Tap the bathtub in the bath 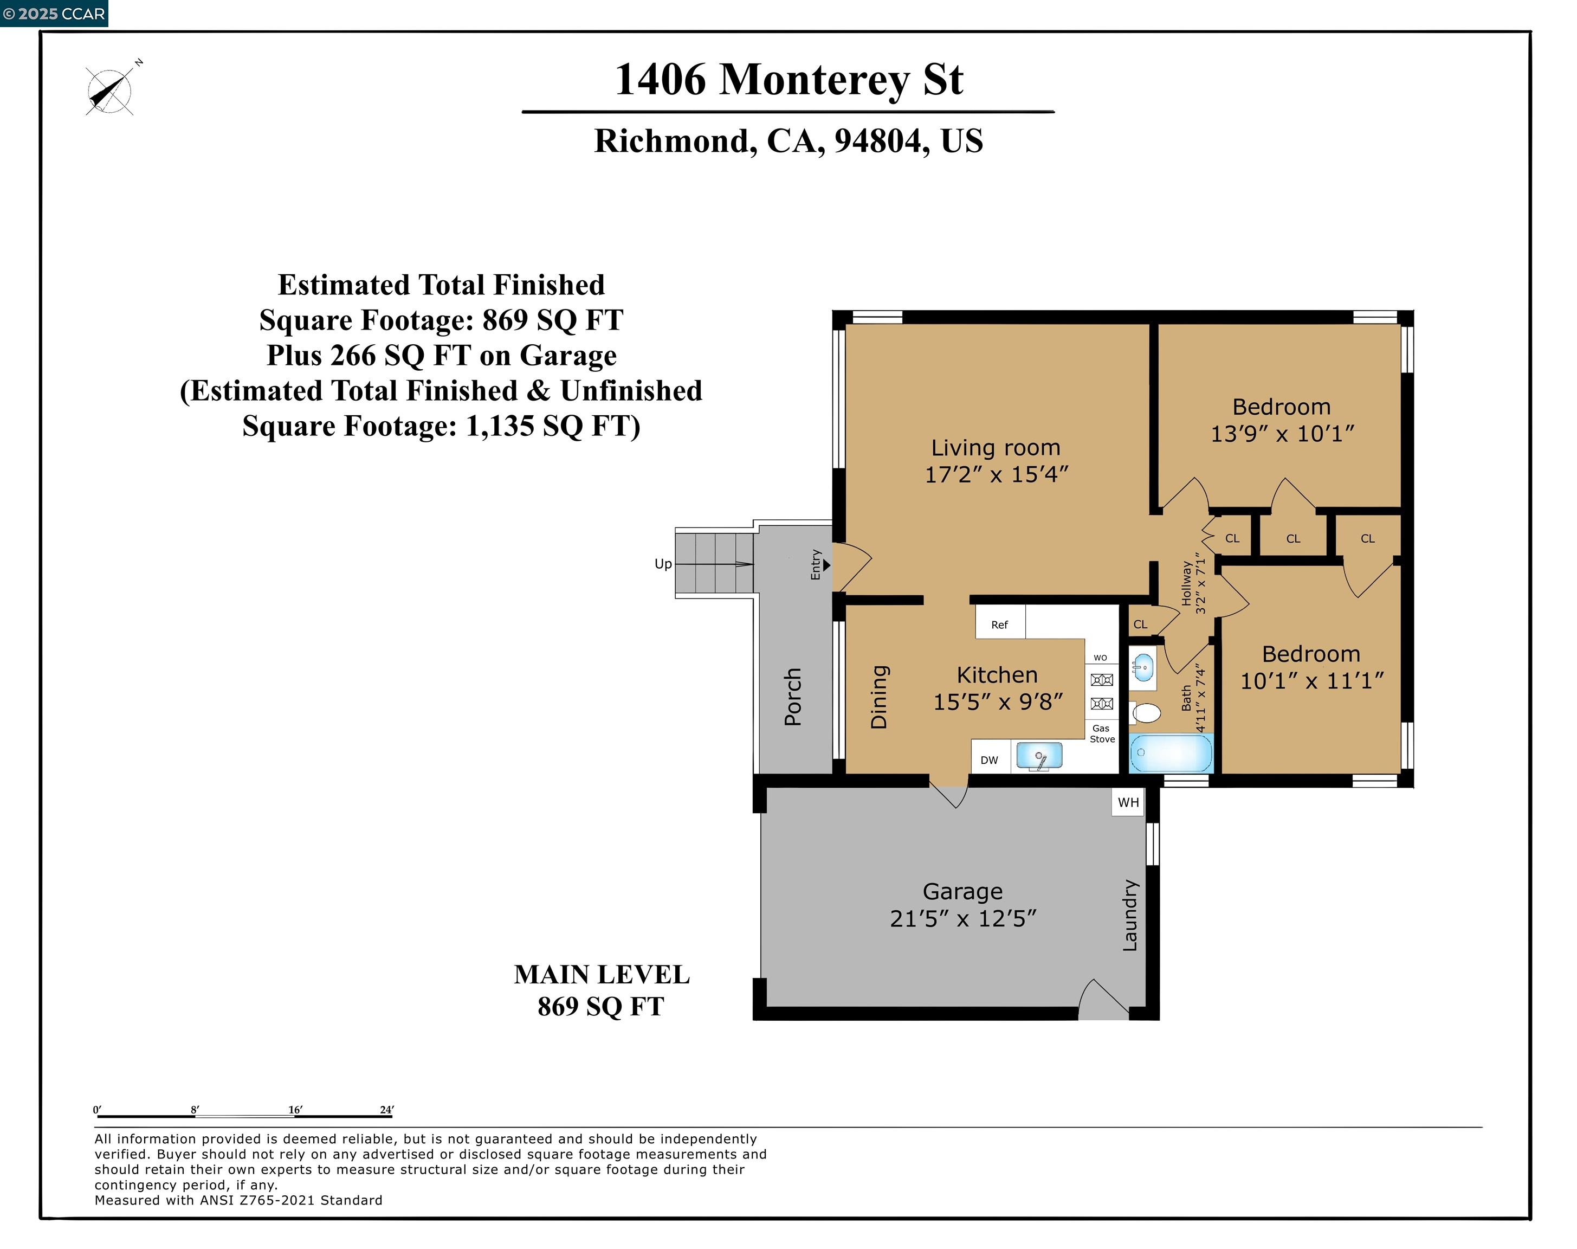[x=1171, y=752]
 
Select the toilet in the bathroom [x=1146, y=712]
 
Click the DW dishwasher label [x=988, y=760]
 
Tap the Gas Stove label [x=1102, y=733]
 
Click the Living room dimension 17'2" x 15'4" [x=996, y=474]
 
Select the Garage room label [x=962, y=891]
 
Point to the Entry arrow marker [x=826, y=564]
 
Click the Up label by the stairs [x=662, y=564]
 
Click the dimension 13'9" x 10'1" [x=1282, y=434]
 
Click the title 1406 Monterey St [x=788, y=79]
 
